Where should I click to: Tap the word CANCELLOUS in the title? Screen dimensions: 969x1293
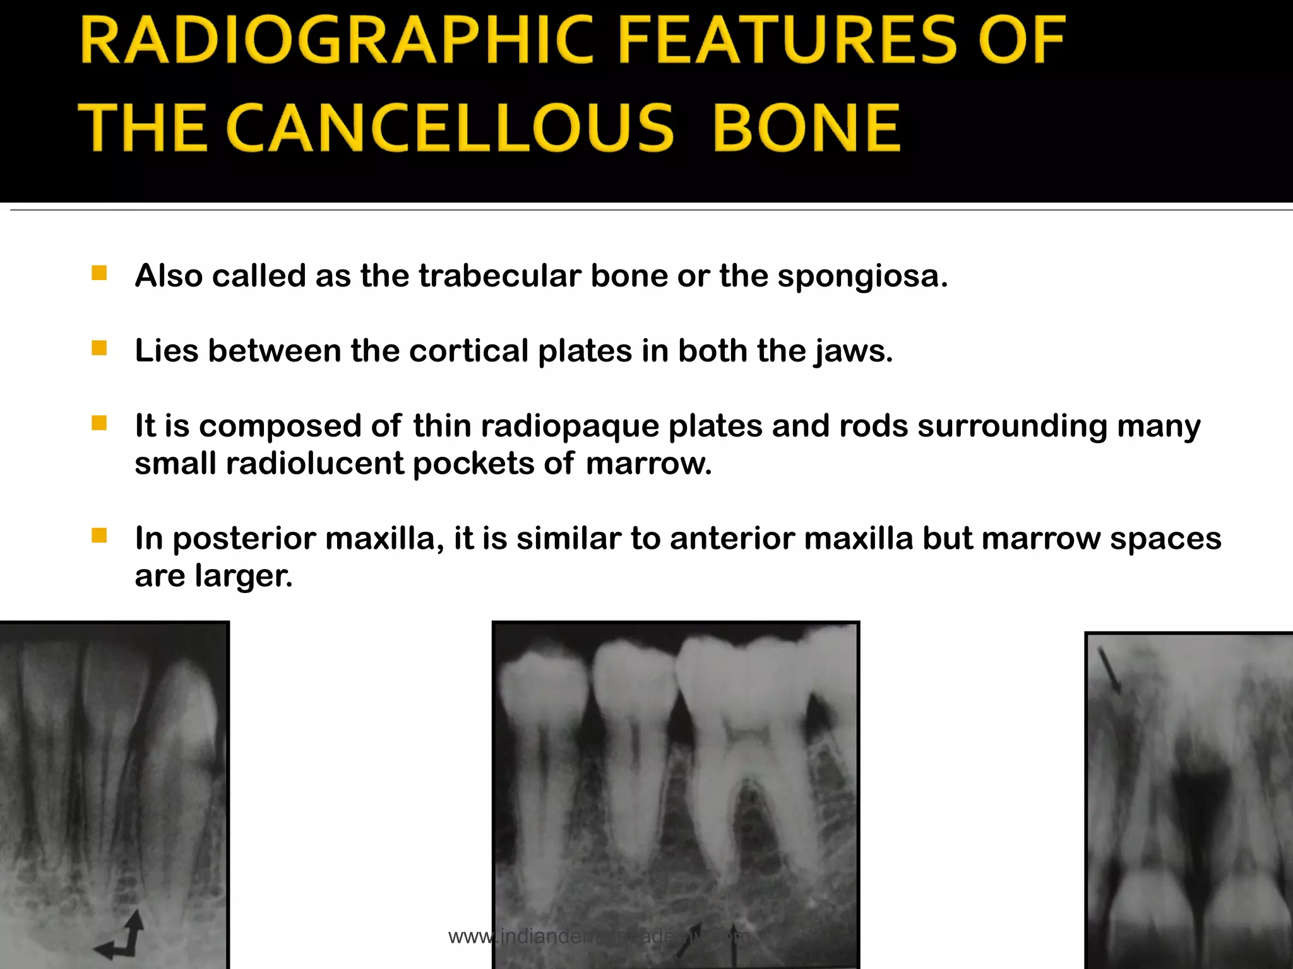pyautogui.click(x=450, y=129)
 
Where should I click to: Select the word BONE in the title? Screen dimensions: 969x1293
pyautogui.click(x=807, y=129)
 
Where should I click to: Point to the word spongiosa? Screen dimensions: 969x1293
pyautogui.click(x=862, y=276)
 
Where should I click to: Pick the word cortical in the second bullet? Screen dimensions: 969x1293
pyautogui.click(x=468, y=351)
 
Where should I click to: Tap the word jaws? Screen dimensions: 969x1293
pyautogui.click(x=854, y=352)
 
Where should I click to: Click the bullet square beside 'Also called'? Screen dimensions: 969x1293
pyautogui.click(x=99, y=273)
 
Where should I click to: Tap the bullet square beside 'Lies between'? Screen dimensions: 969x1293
pyautogui.click(x=99, y=348)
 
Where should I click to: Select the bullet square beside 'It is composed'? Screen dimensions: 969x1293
pyautogui.click(x=99, y=423)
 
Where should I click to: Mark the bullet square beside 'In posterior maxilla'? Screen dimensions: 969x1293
pyautogui.click(x=99, y=536)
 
